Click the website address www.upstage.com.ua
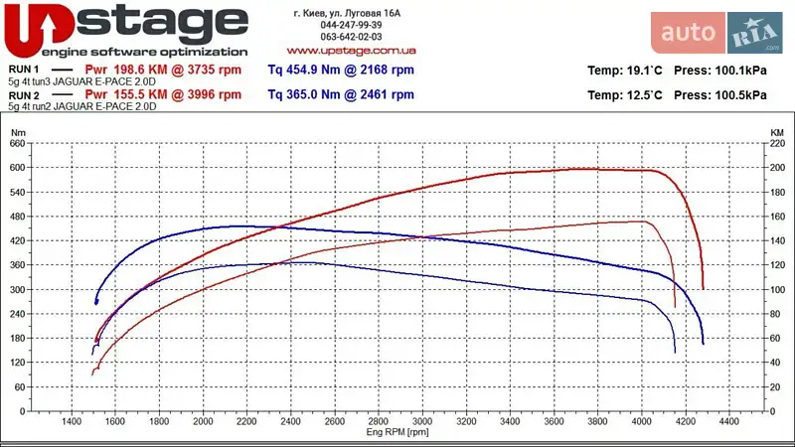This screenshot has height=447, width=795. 351,49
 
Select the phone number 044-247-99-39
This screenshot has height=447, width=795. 351,24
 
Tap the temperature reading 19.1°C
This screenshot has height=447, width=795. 644,71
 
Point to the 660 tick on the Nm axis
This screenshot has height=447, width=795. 18,143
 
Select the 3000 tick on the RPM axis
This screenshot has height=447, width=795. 422,422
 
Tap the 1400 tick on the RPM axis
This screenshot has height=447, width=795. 72,422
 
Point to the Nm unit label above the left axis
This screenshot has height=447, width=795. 17,131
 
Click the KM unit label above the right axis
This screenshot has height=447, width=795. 776,131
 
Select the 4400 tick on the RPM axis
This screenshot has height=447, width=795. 728,422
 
